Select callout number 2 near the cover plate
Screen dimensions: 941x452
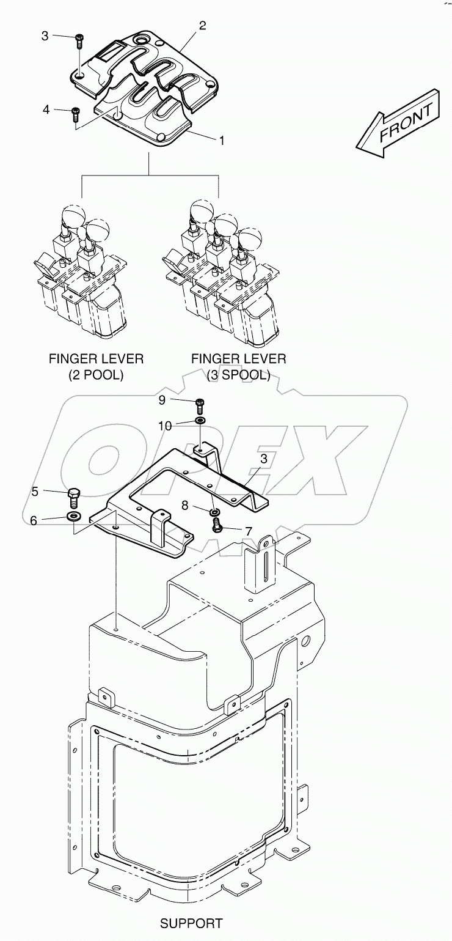click(202, 26)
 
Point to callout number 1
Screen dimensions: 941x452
click(222, 140)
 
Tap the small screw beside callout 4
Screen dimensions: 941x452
click(76, 113)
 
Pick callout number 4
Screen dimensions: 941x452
click(46, 109)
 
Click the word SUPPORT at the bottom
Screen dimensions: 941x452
click(191, 923)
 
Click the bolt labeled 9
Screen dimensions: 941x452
click(200, 403)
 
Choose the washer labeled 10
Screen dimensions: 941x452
click(200, 421)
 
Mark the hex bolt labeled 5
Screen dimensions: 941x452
click(74, 495)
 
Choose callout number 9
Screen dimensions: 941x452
click(162, 400)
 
